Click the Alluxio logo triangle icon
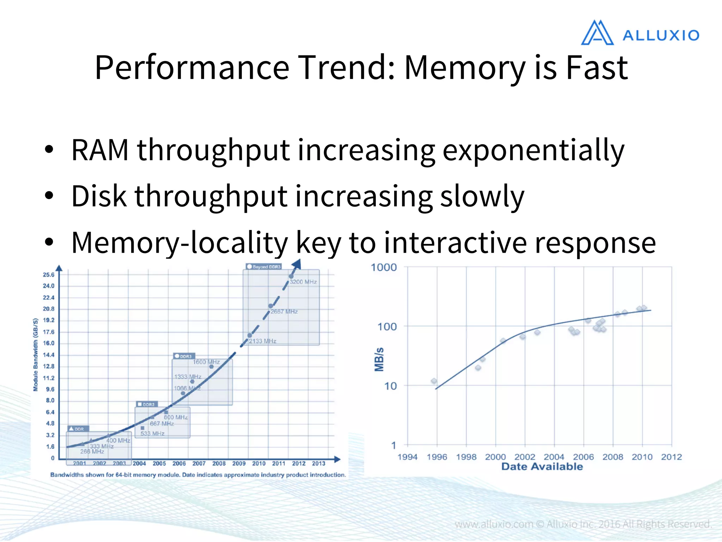[x=597, y=33]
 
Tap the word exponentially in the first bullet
[x=533, y=151]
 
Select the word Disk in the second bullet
[x=99, y=196]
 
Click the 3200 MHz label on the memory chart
[x=303, y=282]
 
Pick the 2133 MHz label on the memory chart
[x=263, y=341]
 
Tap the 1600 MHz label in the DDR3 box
[x=206, y=362]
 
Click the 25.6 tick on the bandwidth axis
[x=49, y=275]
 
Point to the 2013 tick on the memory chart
[x=318, y=463]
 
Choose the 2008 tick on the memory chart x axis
[x=219, y=463]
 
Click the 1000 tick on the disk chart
[x=384, y=267]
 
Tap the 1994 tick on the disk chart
[x=408, y=457]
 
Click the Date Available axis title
[x=542, y=466]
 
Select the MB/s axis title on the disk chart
[x=379, y=359]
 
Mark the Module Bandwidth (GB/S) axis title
[x=35, y=355]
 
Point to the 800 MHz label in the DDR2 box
[x=176, y=417]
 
